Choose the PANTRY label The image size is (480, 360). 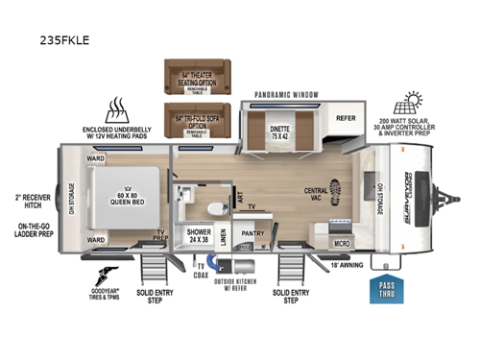click(253, 233)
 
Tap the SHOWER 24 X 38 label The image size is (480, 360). click(199, 235)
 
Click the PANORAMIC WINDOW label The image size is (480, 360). click(286, 95)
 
